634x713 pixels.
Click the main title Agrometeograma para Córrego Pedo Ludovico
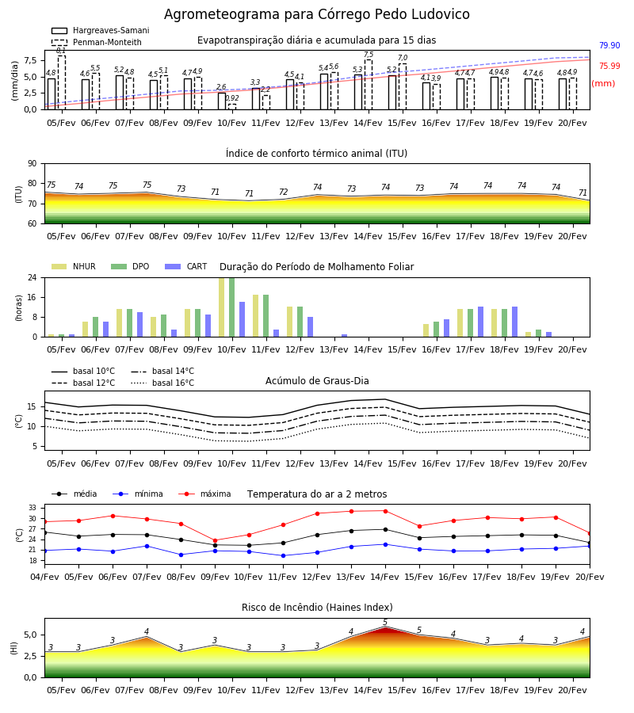point(316,14)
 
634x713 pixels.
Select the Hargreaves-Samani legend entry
point(100,30)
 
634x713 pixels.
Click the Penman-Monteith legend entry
point(97,42)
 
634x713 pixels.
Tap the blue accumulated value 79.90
point(609,45)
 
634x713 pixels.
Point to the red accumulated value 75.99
point(609,66)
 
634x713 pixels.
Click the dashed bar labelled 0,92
point(232,107)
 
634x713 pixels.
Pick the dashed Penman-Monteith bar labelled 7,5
point(369,85)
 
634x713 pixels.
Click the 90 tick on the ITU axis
point(32,164)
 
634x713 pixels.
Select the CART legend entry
point(186,266)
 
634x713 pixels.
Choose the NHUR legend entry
point(74,266)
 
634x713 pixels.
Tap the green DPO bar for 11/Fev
point(266,316)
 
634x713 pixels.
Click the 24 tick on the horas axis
point(32,277)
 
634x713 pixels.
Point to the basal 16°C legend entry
point(162,383)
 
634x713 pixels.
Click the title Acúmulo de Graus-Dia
point(317,380)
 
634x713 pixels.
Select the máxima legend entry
point(205,494)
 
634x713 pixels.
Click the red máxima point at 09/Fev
point(215,540)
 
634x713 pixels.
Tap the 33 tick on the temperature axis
point(32,508)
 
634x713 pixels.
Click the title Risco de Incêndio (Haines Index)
point(317,608)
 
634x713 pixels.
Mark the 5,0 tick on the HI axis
point(30,635)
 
